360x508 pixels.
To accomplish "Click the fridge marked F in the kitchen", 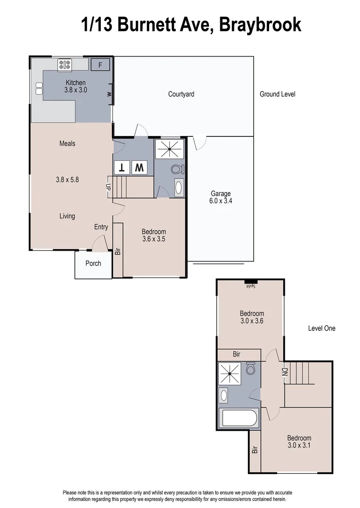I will click(x=100, y=64).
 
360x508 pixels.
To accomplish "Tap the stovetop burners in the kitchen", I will click(x=64, y=64).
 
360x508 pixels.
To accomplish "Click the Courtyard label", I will click(x=181, y=94).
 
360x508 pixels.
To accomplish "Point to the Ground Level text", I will click(x=278, y=94).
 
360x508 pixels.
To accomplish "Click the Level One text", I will click(x=322, y=328).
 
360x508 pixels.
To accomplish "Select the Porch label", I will click(x=93, y=263).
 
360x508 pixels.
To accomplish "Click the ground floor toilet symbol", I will click(x=177, y=169).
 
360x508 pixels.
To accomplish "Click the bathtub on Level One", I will click(x=239, y=418).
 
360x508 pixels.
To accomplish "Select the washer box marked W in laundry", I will click(x=139, y=167).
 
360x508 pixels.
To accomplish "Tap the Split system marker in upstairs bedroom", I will click(x=250, y=284).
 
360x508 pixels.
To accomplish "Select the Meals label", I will click(x=67, y=143).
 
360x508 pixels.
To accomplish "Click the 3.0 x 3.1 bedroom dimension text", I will click(x=299, y=444).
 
